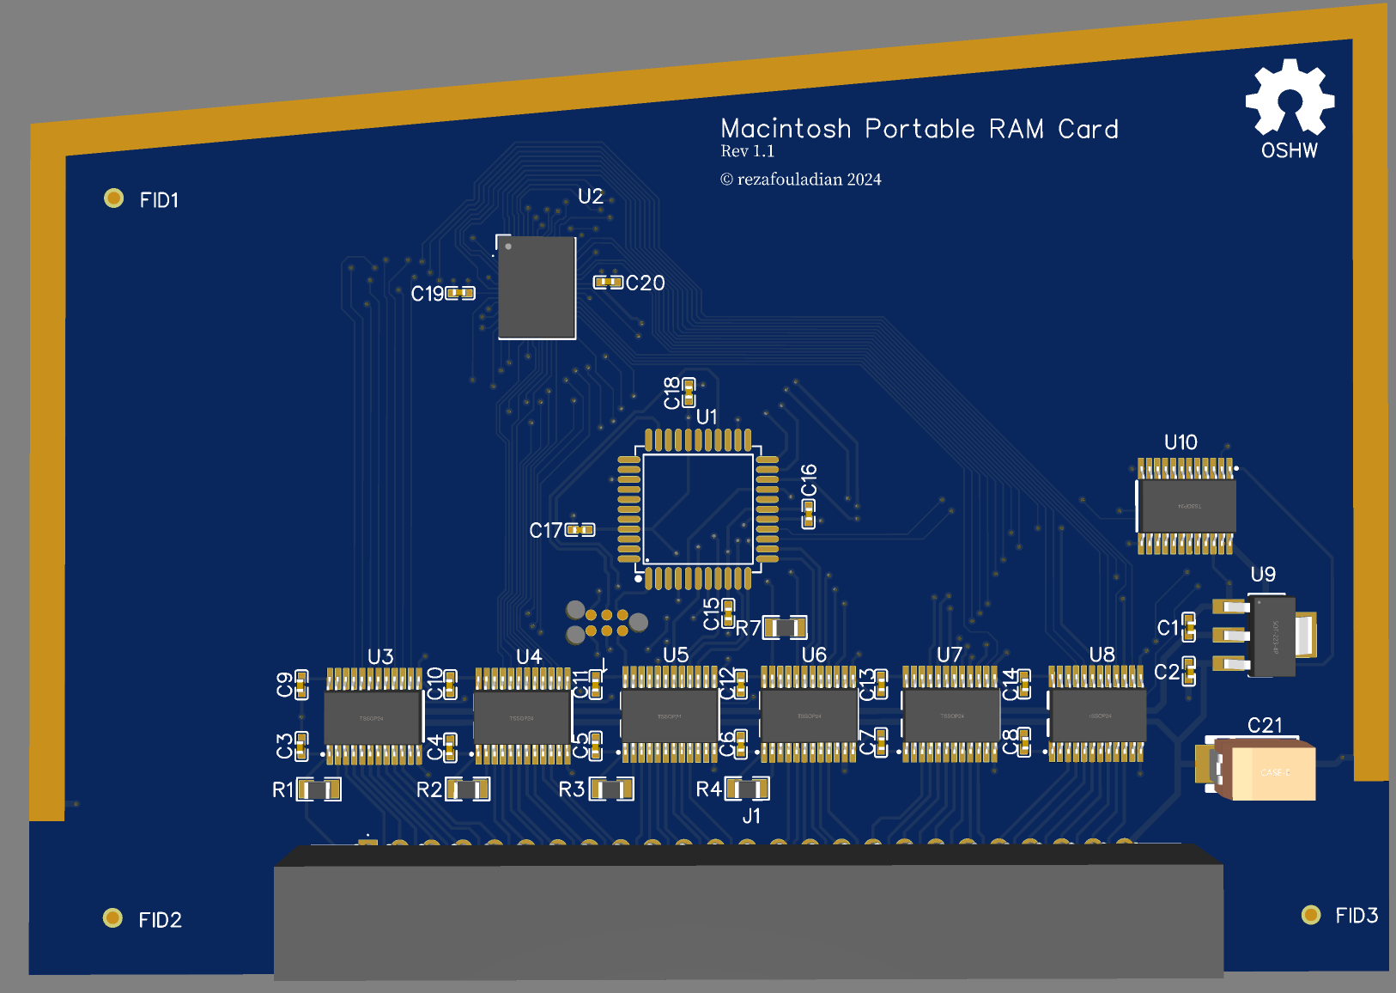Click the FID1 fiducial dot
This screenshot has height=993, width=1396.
point(113,198)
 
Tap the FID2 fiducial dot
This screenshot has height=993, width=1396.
point(112,917)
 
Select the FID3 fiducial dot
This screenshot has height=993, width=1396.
point(1310,914)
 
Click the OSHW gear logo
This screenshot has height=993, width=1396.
point(1290,98)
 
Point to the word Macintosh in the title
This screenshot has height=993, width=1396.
point(786,129)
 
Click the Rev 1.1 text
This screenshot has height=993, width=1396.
point(747,151)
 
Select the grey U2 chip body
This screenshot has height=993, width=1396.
point(537,287)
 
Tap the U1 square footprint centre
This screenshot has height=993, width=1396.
point(697,509)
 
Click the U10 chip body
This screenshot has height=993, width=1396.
point(1187,506)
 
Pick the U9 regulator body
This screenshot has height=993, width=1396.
point(1273,636)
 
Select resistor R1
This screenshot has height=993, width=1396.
point(319,789)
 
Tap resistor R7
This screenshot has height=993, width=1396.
point(785,627)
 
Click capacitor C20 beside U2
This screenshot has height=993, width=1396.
point(608,282)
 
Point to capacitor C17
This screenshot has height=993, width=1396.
point(580,530)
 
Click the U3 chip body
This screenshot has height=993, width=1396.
point(373,717)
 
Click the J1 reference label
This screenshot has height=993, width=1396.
point(751,816)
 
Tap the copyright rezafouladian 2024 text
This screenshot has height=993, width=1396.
point(800,180)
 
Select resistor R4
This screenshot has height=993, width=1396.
point(747,788)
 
